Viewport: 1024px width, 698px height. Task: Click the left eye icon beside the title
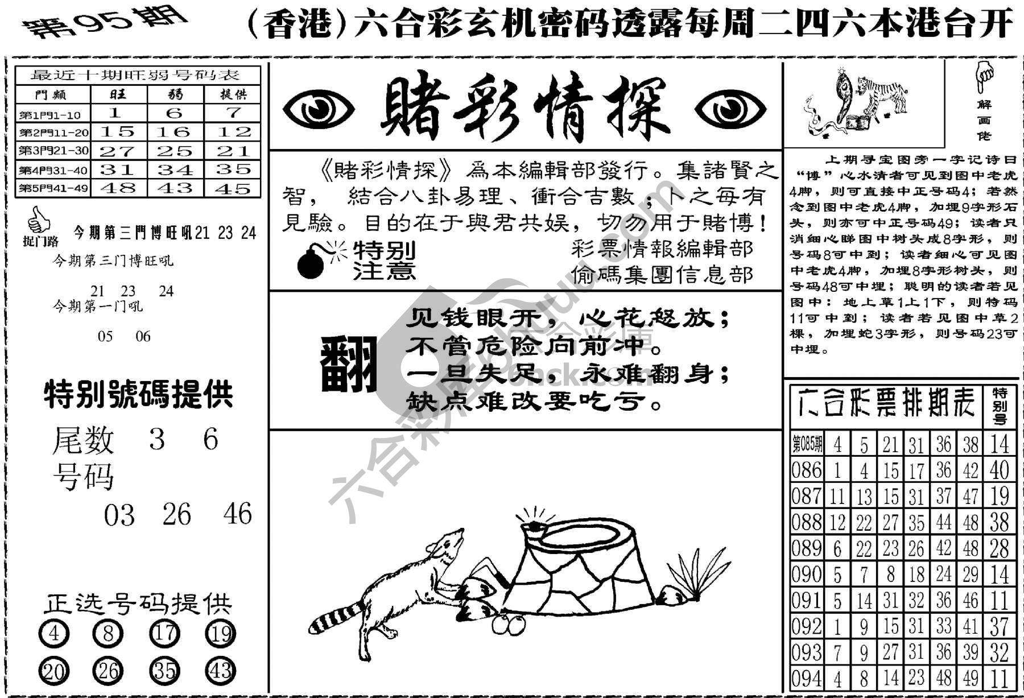point(318,109)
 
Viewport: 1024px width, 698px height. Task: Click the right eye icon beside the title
point(730,109)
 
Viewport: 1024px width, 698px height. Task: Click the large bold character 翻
point(349,365)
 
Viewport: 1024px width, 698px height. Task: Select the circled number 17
point(164,633)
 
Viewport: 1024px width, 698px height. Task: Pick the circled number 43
point(220,671)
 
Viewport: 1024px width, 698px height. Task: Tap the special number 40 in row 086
point(999,470)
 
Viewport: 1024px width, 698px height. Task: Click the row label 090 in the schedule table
point(807,575)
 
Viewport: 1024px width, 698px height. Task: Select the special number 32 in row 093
point(999,652)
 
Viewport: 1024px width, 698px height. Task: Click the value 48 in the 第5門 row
point(118,188)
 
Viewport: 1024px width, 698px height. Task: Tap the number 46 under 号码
point(237,514)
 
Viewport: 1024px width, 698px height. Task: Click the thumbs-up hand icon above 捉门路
point(39,221)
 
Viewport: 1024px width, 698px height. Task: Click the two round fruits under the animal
point(509,624)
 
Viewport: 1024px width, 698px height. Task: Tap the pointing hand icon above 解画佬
point(984,77)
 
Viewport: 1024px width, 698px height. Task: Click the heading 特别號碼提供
point(139,394)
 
